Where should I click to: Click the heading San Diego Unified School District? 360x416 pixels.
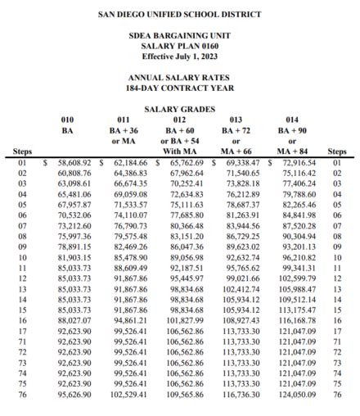tap(180, 15)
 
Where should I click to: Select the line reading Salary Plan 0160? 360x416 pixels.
tap(179, 47)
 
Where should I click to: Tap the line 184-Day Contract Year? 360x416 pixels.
tap(180, 88)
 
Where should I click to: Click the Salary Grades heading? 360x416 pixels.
tap(180, 108)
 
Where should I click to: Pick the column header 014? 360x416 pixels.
tap(292, 120)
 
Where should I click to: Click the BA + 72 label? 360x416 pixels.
tap(237, 130)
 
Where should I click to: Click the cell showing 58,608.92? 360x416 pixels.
tap(74, 163)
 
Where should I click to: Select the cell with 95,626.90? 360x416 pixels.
tap(74, 394)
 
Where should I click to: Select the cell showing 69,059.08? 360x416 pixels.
tap(130, 195)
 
